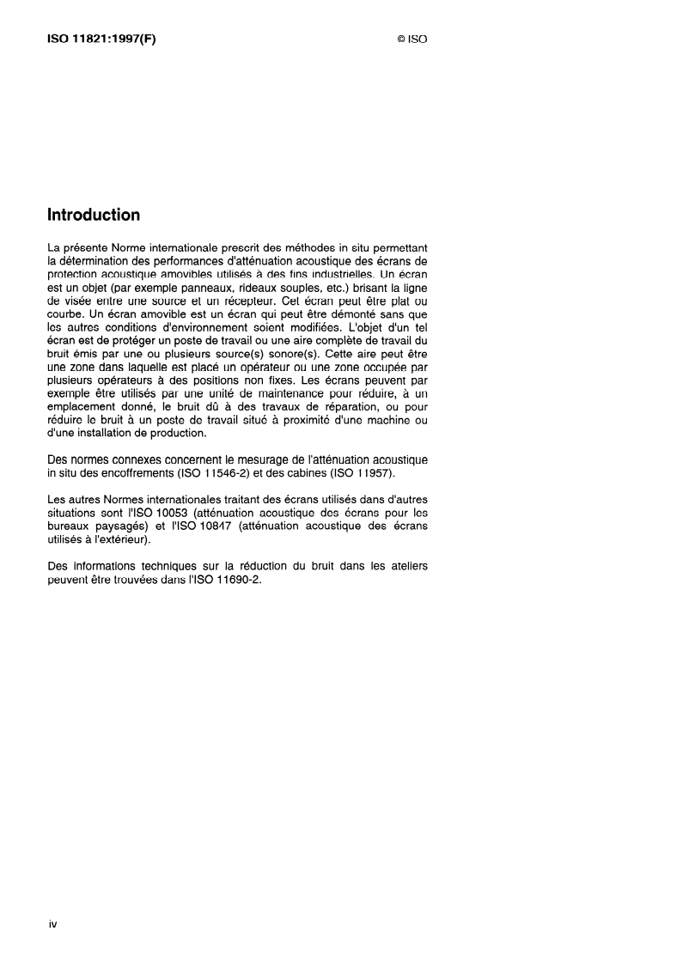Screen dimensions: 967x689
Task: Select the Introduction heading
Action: [x=94, y=215]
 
